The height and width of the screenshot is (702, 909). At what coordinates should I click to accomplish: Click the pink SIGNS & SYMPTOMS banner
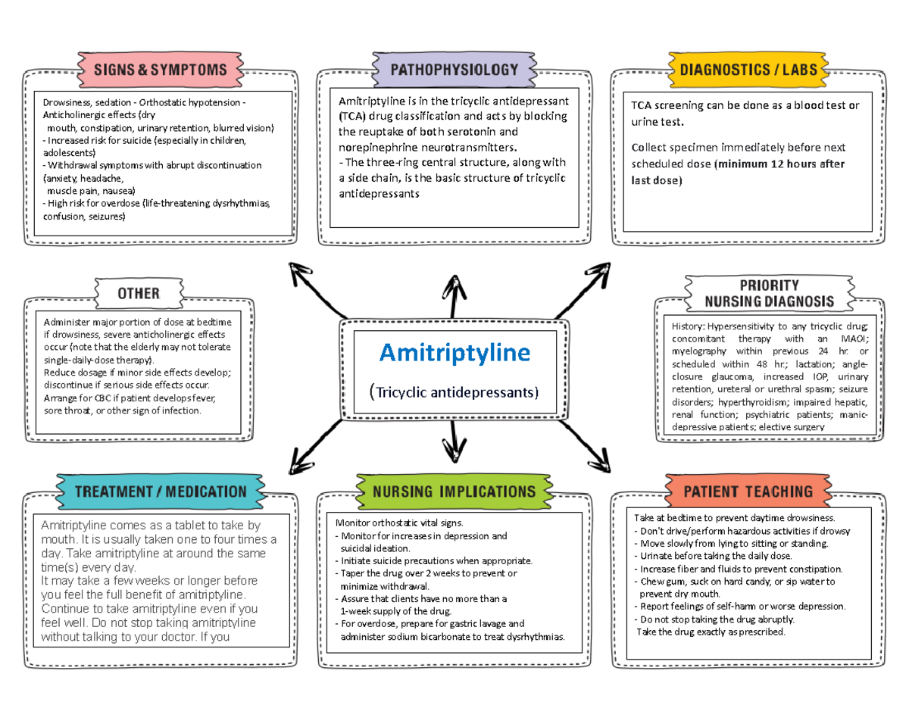coord(160,70)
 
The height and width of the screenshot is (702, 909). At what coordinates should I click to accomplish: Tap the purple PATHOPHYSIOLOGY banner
coord(454,70)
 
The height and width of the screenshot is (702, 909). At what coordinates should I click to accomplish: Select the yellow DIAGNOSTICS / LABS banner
coord(748,70)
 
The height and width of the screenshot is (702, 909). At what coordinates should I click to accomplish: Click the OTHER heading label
coord(139,293)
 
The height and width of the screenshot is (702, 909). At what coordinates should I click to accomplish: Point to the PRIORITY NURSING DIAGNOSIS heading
coord(769,293)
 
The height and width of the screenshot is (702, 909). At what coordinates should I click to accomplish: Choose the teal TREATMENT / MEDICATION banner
coord(161,491)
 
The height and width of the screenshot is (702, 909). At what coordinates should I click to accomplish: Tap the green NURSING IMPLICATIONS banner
coord(454,491)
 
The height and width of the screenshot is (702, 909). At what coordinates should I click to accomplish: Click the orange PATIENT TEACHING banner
coord(748,491)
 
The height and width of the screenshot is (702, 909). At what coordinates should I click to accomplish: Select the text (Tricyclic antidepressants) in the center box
coord(454,392)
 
